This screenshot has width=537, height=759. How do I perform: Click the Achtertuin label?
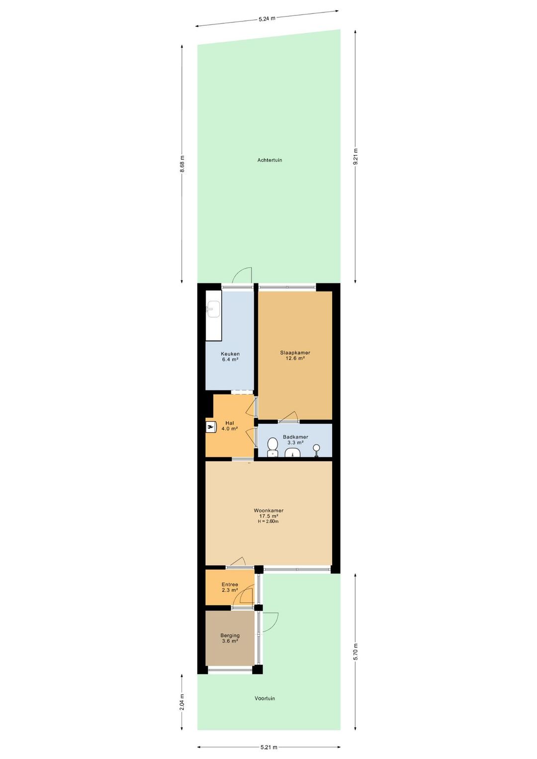269,160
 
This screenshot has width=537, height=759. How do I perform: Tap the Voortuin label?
265,698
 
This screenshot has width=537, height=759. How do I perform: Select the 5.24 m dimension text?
267,19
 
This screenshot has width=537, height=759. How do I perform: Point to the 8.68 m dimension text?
182,164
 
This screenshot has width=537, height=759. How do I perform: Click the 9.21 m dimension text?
355,157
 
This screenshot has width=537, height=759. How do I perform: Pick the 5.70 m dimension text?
355,652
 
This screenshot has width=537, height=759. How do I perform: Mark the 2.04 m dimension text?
182,702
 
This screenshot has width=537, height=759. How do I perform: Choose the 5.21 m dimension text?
268,747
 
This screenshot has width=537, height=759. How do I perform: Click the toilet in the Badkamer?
272,446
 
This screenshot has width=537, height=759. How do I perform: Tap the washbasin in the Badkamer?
293,452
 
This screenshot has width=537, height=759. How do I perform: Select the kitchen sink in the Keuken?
213,309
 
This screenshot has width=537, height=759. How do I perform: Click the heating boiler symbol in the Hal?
211,427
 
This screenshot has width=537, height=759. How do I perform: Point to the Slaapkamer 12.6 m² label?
295,355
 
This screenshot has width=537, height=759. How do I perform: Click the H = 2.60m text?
268,521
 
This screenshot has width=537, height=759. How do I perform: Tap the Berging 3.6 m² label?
230,638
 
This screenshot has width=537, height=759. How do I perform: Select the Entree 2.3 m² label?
230,587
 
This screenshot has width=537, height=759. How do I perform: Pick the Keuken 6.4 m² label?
230,357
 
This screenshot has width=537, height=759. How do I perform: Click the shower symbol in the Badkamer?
316,449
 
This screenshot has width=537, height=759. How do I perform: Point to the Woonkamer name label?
268,510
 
